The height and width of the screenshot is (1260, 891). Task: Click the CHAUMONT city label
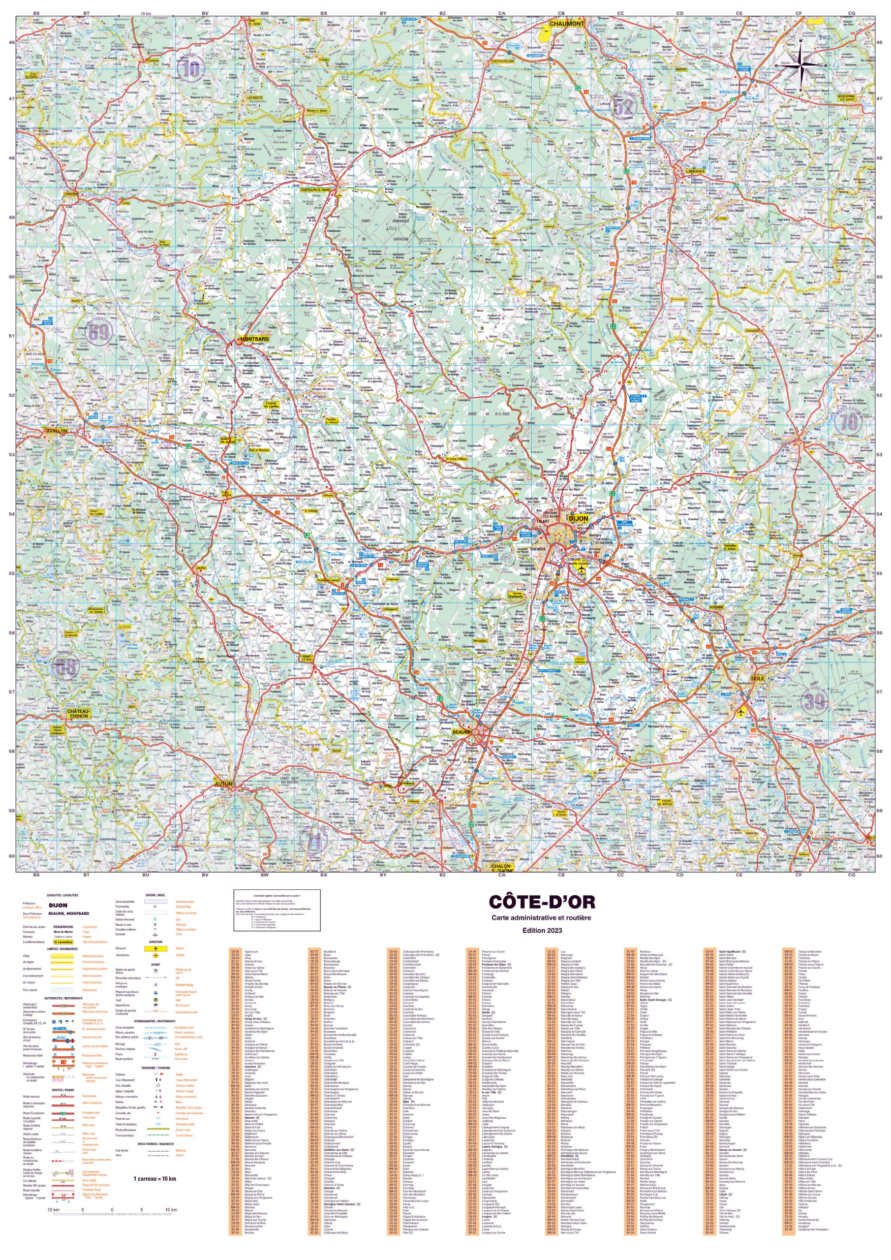click(x=567, y=24)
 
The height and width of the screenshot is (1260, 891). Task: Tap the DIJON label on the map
click(x=578, y=518)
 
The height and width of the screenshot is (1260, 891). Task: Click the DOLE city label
click(x=757, y=678)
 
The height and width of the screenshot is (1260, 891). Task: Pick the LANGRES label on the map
click(x=695, y=171)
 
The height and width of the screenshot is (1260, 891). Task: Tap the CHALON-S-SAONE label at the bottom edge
click(x=501, y=868)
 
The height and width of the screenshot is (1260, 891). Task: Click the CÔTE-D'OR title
click(x=542, y=902)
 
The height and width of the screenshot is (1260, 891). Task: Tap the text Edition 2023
click(x=542, y=930)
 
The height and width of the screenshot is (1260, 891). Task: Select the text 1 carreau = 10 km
click(x=154, y=1178)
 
